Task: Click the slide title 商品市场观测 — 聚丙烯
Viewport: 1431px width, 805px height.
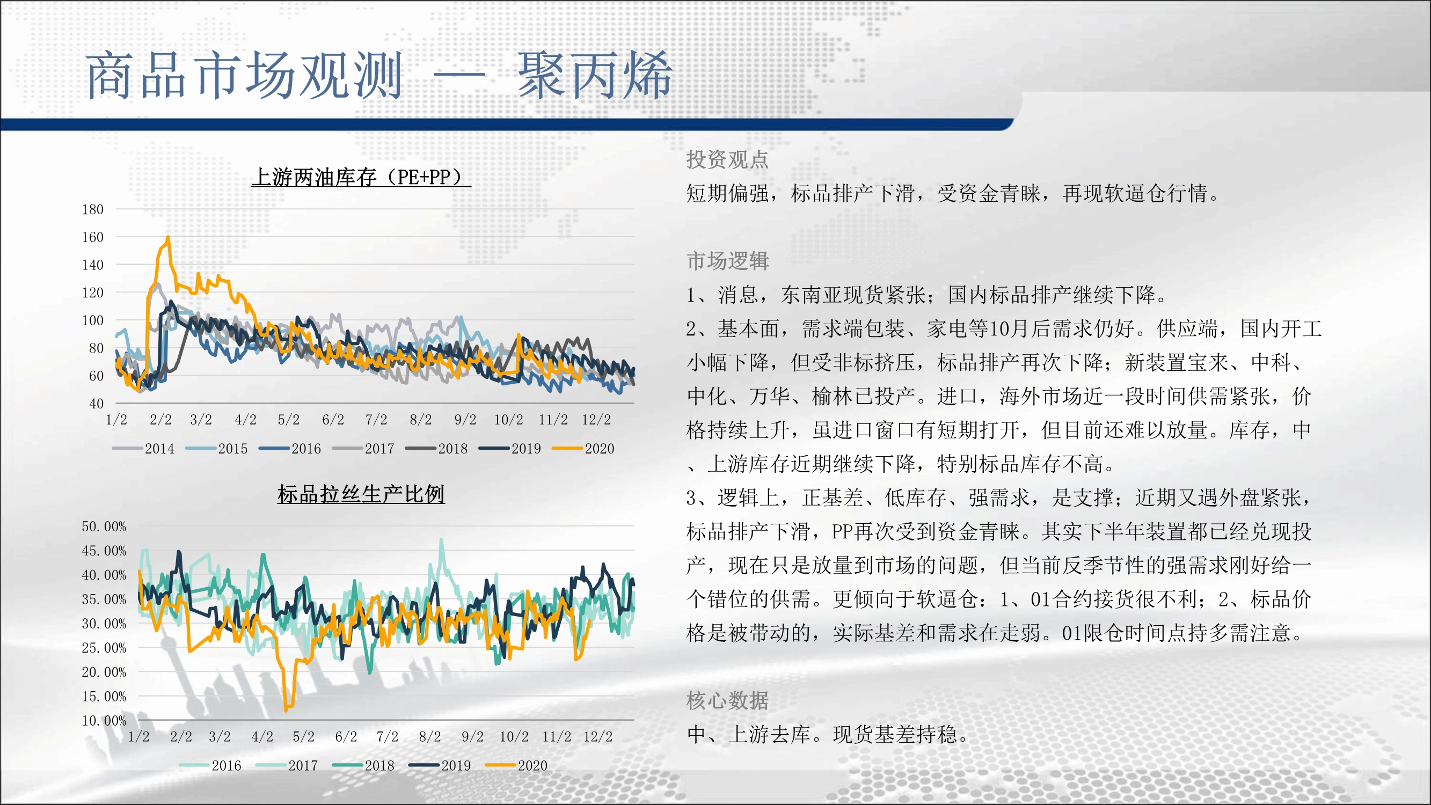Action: [x=379, y=76]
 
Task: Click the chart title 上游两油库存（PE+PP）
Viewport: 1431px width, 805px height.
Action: [x=361, y=177]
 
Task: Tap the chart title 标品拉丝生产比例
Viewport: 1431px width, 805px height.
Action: [x=361, y=494]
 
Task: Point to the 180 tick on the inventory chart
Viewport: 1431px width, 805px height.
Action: [x=93, y=209]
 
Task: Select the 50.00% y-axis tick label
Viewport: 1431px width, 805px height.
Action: [x=104, y=526]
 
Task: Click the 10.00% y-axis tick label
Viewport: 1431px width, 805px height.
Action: [x=104, y=721]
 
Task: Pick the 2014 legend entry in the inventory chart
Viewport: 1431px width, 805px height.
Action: [x=143, y=448]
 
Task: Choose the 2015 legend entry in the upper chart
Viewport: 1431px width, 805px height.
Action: [x=217, y=448]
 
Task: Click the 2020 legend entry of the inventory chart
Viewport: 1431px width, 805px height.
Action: [x=583, y=448]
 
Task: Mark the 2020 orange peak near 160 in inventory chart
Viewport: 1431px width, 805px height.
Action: [x=168, y=237]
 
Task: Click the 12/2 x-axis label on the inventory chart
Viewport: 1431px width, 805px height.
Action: [x=596, y=420]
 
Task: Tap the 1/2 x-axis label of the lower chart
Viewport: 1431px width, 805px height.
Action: [x=139, y=737]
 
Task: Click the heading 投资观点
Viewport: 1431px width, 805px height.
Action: [x=727, y=159]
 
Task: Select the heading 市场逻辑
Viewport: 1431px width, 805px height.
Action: [x=727, y=261]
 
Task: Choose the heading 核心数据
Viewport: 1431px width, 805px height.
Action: [x=727, y=700]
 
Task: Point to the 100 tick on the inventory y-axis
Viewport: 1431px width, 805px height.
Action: [x=93, y=320]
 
